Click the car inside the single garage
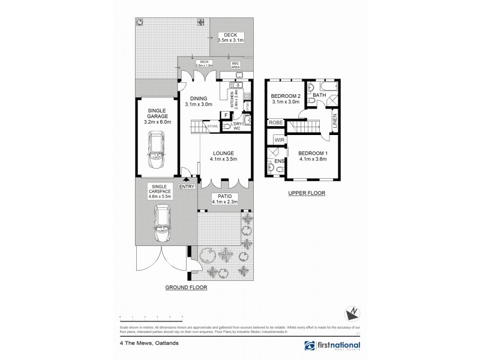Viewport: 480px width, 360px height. tap(157, 152)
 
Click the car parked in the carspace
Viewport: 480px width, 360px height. tap(161, 223)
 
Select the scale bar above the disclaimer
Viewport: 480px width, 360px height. tap(151, 316)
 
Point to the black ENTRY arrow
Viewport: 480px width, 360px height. tap(186, 178)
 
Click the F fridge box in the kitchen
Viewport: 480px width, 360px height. tap(226, 115)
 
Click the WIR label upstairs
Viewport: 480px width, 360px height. tap(279, 140)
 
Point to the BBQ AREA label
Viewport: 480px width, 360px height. tap(236, 65)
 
